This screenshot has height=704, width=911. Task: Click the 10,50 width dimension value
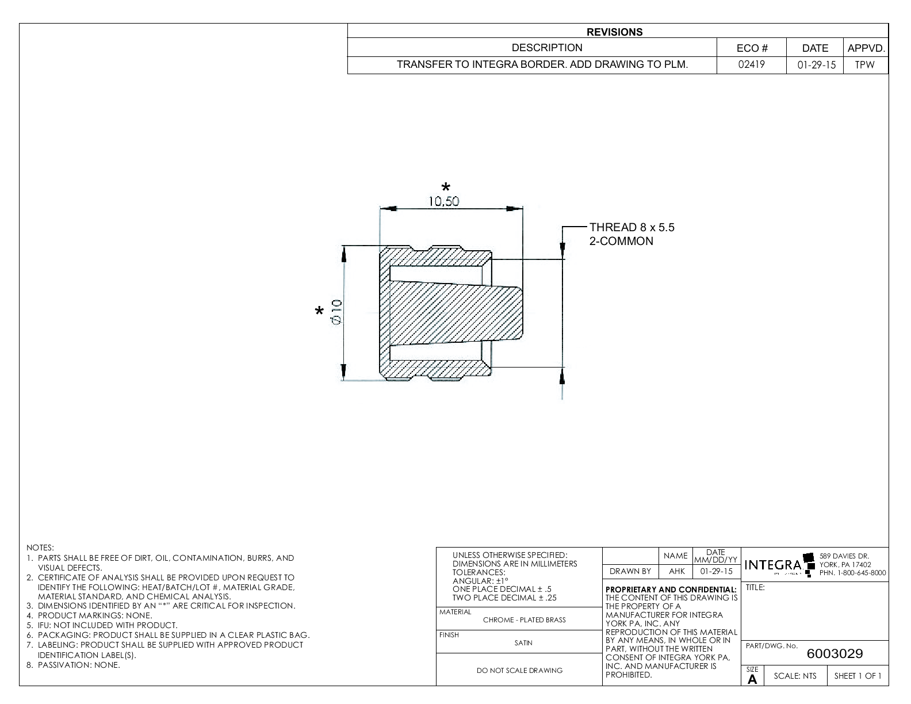pos(443,201)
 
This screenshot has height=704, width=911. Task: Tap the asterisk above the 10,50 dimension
pos(446,187)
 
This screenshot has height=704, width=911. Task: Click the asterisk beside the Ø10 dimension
pos(319,312)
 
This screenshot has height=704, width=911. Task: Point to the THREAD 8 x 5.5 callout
pos(631,228)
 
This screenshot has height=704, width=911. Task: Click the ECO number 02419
pos(752,65)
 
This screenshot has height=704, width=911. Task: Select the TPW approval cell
pos(864,65)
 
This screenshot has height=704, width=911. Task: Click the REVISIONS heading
pos(614,32)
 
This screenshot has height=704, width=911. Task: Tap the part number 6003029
pos(835,654)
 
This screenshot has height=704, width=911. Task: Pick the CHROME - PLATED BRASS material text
pos(524,620)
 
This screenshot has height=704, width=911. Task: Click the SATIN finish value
pos(523,643)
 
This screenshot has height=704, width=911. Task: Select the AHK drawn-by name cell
pos(676,571)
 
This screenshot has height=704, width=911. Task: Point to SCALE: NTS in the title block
pos(795,676)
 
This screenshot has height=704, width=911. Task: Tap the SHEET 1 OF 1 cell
pos(858,676)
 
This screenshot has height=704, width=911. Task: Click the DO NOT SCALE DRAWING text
pos(519,670)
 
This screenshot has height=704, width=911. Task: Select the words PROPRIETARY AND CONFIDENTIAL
pos(671,590)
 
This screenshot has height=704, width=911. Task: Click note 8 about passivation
pos(79,665)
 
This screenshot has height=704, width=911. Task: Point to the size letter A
pos(752,679)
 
